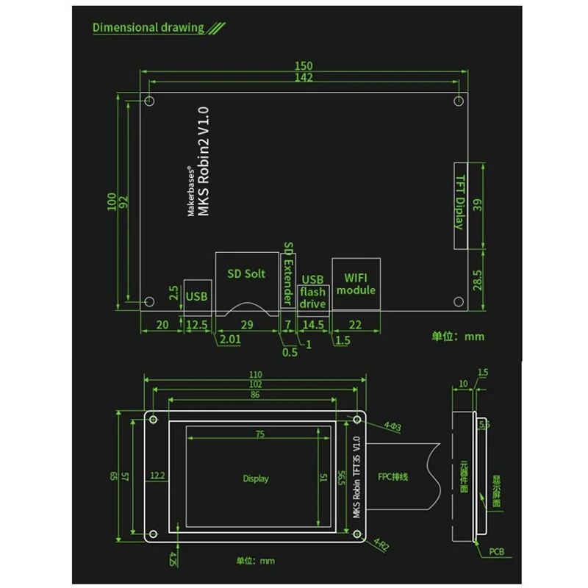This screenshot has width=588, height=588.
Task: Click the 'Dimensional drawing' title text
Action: tap(148, 28)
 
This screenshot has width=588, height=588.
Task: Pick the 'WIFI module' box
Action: tap(356, 284)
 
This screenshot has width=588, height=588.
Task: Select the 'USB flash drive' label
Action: tap(312, 292)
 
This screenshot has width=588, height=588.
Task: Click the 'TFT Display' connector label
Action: tap(459, 202)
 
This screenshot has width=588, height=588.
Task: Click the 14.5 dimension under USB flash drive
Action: tap(313, 324)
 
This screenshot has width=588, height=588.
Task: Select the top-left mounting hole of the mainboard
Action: tap(149, 101)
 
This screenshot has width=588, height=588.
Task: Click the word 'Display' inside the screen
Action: tap(256, 478)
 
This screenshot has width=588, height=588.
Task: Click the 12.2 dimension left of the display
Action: tap(157, 476)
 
